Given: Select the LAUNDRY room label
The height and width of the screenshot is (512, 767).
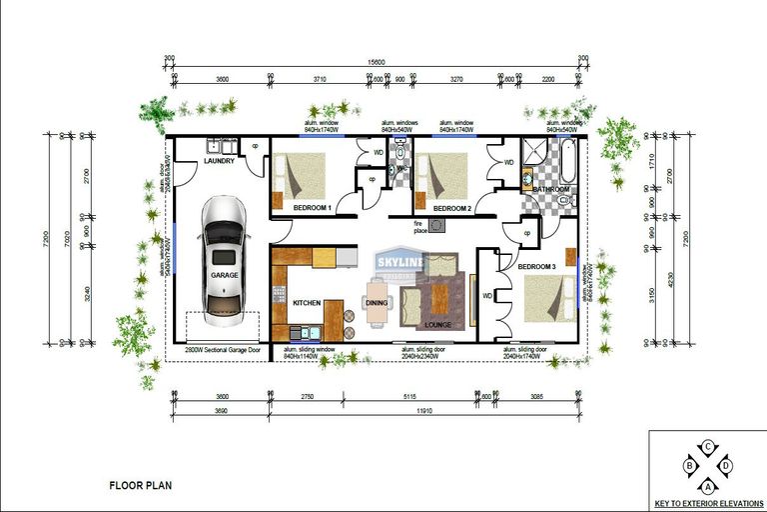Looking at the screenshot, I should (x=219, y=161).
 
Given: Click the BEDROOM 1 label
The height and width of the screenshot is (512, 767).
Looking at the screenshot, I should (x=312, y=207).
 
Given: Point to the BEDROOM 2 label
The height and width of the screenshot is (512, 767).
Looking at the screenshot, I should (x=451, y=208).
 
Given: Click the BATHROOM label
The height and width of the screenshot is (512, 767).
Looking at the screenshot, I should (x=550, y=189).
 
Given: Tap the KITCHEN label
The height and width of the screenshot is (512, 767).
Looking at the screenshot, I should (x=306, y=302).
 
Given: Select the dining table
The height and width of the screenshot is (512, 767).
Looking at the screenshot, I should (x=377, y=302).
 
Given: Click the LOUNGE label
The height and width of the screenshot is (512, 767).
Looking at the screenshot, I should (x=438, y=324).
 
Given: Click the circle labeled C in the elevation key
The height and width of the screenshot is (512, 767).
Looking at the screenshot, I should (x=708, y=447).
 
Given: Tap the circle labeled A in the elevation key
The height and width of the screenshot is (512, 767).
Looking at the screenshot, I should (x=708, y=485).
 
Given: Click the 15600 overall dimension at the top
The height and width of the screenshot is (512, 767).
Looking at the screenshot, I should (x=377, y=62).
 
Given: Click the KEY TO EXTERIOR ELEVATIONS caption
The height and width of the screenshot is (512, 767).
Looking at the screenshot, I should (x=709, y=503).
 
